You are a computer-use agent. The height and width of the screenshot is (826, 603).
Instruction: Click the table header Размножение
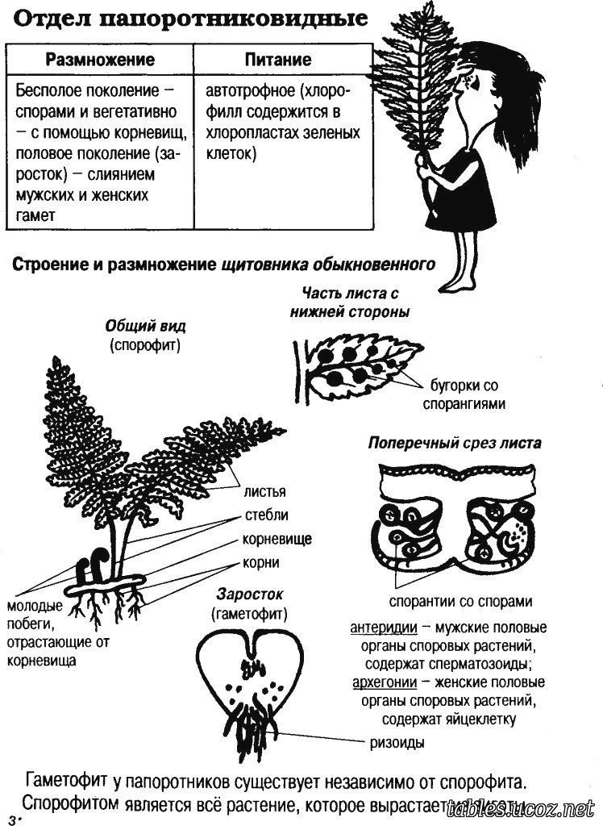click(x=99, y=60)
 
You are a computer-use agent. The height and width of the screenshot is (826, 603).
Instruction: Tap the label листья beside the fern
click(x=263, y=490)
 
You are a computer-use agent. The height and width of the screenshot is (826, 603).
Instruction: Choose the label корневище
click(x=277, y=539)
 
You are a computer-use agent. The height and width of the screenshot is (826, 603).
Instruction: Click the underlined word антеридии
click(x=383, y=628)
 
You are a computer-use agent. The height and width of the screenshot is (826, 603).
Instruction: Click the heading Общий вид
click(x=145, y=327)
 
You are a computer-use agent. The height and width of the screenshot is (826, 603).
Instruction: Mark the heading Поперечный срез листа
click(x=455, y=443)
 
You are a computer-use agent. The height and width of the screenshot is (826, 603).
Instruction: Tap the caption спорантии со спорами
click(x=460, y=601)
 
